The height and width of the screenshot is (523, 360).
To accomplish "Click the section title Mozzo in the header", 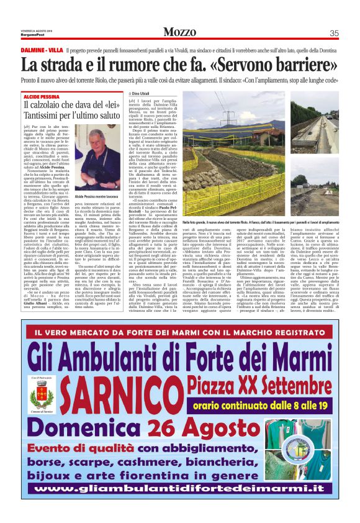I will pos(179,32).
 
